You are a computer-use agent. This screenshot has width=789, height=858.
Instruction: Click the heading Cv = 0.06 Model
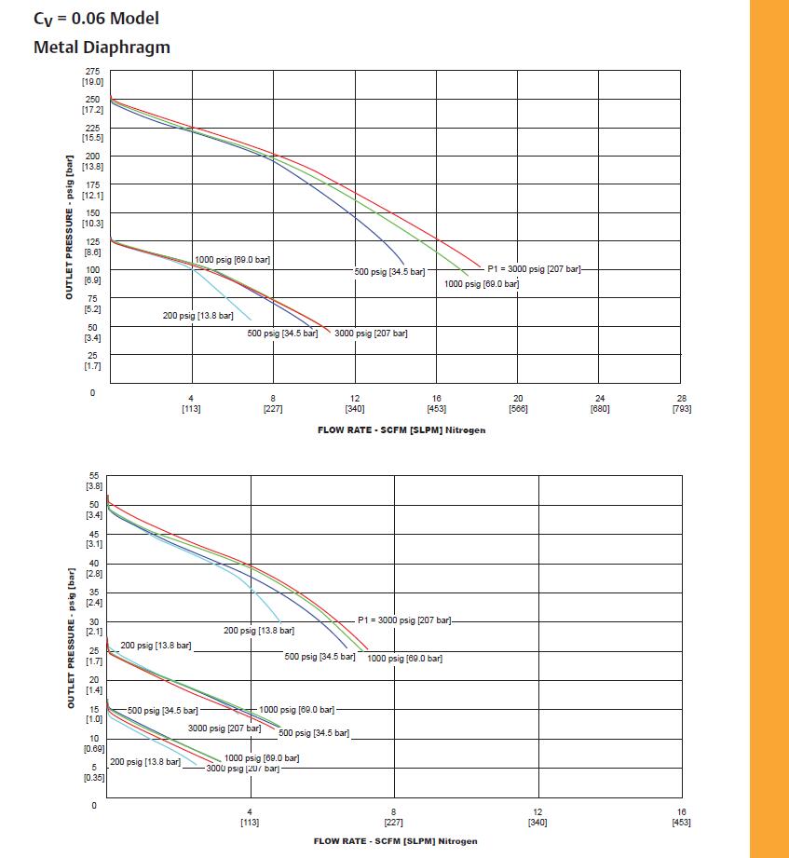click(x=96, y=18)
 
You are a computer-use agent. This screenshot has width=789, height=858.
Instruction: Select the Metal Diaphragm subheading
click(x=102, y=47)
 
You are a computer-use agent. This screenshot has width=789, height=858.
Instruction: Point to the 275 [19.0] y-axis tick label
click(x=92, y=76)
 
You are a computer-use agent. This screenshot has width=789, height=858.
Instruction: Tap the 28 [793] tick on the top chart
click(x=681, y=403)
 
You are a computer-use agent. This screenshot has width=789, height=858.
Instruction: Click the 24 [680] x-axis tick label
click(x=600, y=403)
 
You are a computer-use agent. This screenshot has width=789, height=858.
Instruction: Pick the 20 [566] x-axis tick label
click(x=518, y=403)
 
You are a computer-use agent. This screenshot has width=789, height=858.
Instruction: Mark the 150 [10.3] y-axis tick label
click(x=92, y=218)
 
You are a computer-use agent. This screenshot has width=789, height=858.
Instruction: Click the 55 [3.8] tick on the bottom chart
click(x=93, y=481)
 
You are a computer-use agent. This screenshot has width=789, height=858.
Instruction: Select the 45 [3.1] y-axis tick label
click(x=93, y=538)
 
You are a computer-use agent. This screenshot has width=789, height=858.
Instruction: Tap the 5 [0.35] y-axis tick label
click(x=93, y=771)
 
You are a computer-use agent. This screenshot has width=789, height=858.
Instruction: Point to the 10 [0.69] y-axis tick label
click(x=93, y=742)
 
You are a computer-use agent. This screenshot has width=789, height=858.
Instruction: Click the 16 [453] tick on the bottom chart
click(x=681, y=817)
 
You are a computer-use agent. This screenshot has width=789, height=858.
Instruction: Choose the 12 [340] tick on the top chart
click(x=355, y=403)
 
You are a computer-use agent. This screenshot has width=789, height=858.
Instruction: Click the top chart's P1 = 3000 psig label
click(x=534, y=268)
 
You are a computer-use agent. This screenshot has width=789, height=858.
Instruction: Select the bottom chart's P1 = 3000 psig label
click(x=404, y=620)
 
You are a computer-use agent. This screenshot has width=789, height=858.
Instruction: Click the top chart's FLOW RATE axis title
click(x=401, y=429)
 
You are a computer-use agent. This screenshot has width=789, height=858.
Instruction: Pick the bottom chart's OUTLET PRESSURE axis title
click(x=71, y=638)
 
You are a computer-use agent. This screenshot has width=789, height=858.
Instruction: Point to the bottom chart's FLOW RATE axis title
click(x=396, y=841)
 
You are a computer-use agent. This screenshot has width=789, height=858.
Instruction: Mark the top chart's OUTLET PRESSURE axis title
click(x=71, y=227)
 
